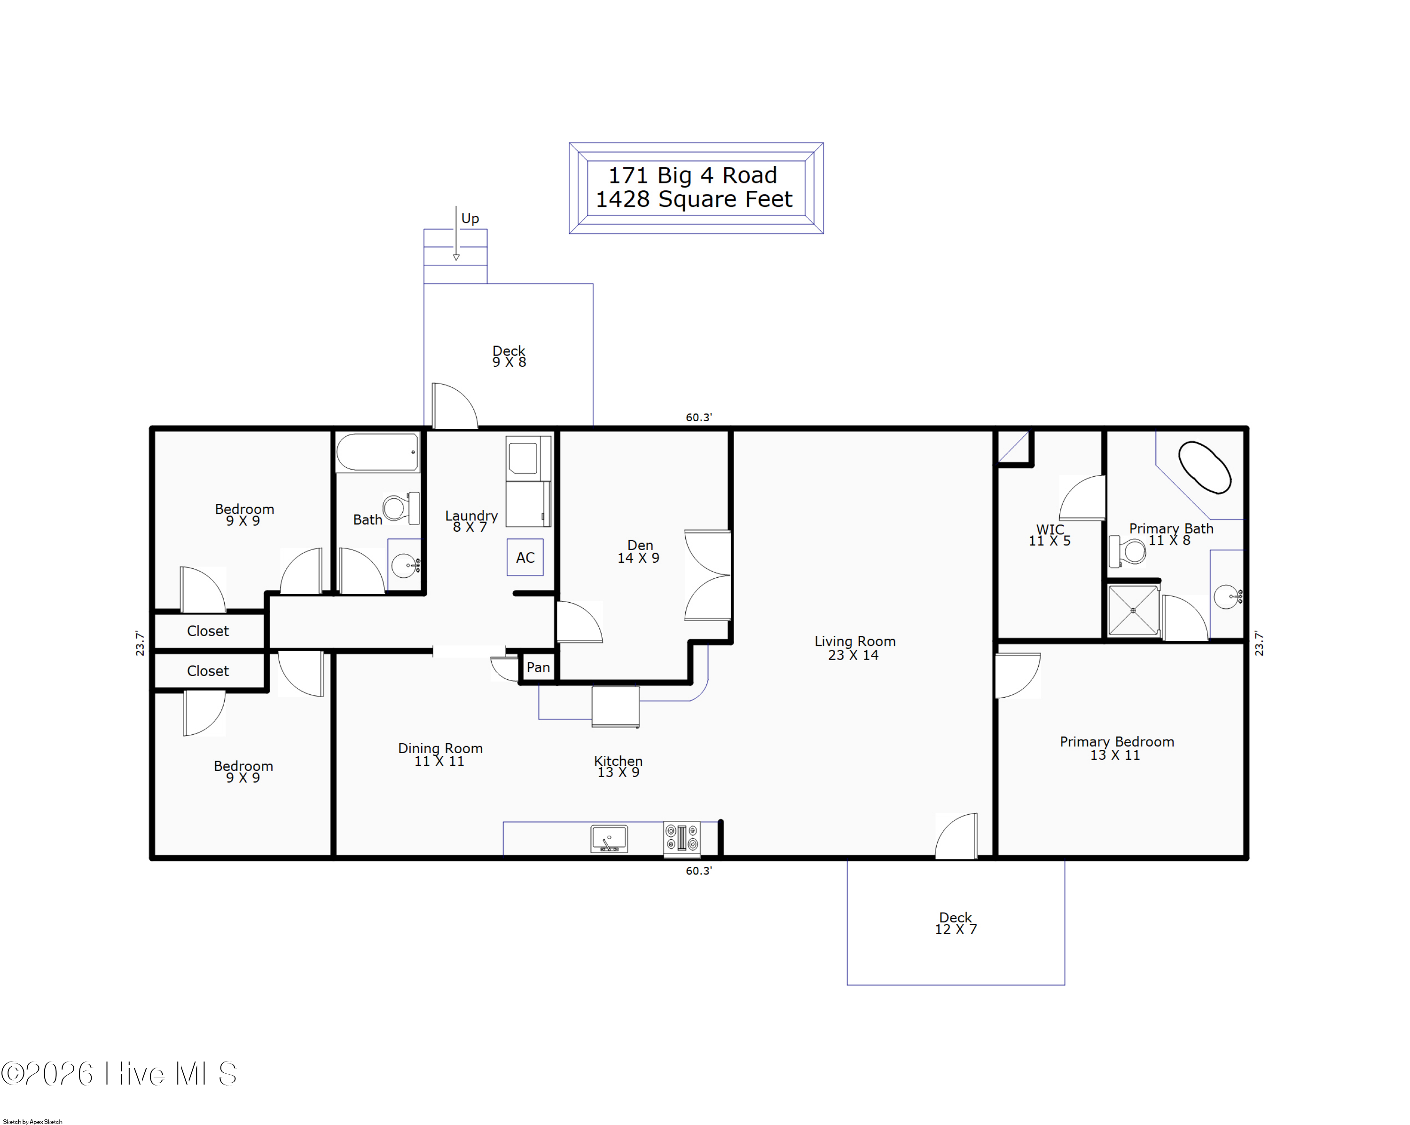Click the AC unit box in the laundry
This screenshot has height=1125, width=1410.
[x=525, y=557]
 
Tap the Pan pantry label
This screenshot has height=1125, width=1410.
[x=538, y=667]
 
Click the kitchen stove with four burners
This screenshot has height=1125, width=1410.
[x=681, y=838]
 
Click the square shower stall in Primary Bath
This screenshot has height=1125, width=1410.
[x=1133, y=610]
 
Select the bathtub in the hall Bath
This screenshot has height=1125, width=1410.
[x=377, y=452]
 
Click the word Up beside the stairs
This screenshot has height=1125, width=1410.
[x=470, y=219]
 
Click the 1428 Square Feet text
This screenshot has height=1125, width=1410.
[x=693, y=199]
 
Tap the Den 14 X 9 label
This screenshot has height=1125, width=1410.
[x=639, y=551]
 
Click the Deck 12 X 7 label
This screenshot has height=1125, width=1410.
[x=955, y=923]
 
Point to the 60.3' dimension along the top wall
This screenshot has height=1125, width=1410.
[x=698, y=417]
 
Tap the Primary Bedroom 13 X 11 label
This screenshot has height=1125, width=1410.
[x=1116, y=747]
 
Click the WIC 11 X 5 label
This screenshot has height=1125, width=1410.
[x=1049, y=535]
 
